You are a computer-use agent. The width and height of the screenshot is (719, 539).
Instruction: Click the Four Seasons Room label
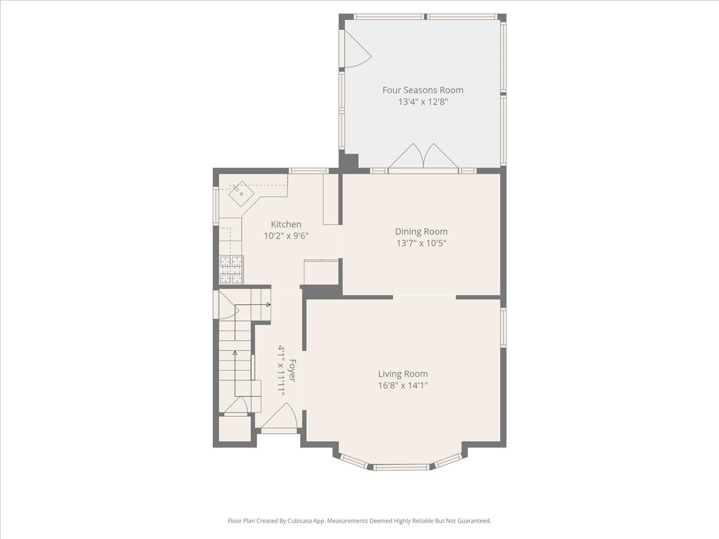click(x=423, y=90)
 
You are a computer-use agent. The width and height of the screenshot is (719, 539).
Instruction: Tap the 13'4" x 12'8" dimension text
click(x=423, y=102)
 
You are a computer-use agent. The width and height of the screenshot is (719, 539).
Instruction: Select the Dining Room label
click(x=421, y=232)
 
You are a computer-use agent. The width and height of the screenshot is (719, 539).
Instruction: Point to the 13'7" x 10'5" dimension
click(x=421, y=243)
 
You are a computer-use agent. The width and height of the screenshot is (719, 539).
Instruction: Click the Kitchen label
click(x=286, y=224)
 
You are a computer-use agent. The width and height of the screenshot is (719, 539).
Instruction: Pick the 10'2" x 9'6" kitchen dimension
click(x=286, y=235)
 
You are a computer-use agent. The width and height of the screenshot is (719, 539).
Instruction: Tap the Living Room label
click(x=403, y=374)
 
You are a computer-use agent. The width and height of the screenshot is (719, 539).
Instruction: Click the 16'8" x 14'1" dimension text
click(x=403, y=385)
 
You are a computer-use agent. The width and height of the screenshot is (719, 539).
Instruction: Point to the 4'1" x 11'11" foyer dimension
click(x=281, y=371)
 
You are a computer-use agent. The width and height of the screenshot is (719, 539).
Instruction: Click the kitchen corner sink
click(x=241, y=193)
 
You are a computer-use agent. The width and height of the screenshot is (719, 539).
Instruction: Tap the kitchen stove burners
click(x=232, y=269)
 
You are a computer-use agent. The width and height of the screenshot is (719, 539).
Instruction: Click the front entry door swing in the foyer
click(x=279, y=416)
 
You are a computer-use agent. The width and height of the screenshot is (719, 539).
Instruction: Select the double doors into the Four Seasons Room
click(x=423, y=156)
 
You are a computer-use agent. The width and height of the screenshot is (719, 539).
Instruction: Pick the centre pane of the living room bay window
click(x=401, y=467)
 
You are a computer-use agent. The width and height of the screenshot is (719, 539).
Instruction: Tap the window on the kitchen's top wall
click(x=308, y=171)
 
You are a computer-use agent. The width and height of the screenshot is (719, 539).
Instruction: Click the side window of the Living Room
click(x=503, y=328)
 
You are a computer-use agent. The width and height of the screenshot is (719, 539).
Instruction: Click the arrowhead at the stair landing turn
click(x=268, y=305)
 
